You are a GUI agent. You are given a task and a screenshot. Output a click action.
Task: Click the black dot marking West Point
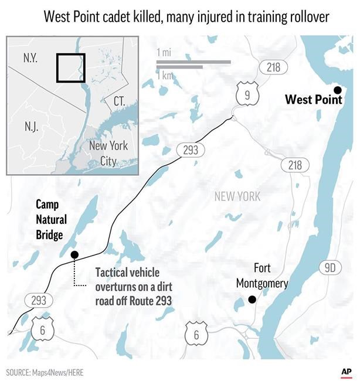pos(337,89)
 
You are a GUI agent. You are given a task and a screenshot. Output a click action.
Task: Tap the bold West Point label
pos(313,100)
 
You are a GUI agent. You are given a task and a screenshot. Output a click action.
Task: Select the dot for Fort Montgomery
pos(252,300)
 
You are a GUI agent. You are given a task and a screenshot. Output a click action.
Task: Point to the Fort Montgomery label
pos(262,276)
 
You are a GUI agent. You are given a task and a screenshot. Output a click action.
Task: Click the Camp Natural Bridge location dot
pos(74,254)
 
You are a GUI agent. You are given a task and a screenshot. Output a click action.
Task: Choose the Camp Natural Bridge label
pos(51,219)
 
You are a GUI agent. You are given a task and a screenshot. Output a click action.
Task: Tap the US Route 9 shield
pos(247,93)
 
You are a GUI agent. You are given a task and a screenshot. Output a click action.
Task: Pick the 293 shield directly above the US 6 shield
pos(39,301)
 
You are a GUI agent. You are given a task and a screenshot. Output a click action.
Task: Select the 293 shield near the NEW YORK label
pos(191,150)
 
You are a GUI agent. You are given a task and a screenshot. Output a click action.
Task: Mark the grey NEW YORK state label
pos(237,196)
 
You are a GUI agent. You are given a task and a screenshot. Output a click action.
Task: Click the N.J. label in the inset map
pos(32,127)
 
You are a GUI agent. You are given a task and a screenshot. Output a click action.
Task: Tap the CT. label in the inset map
pos(119,101)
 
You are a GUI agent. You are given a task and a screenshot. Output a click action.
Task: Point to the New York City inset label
pos(107,152)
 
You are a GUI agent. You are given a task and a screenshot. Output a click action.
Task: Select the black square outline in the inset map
pos(71,68)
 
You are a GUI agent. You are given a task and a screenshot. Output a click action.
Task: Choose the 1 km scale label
pos(165,75)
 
